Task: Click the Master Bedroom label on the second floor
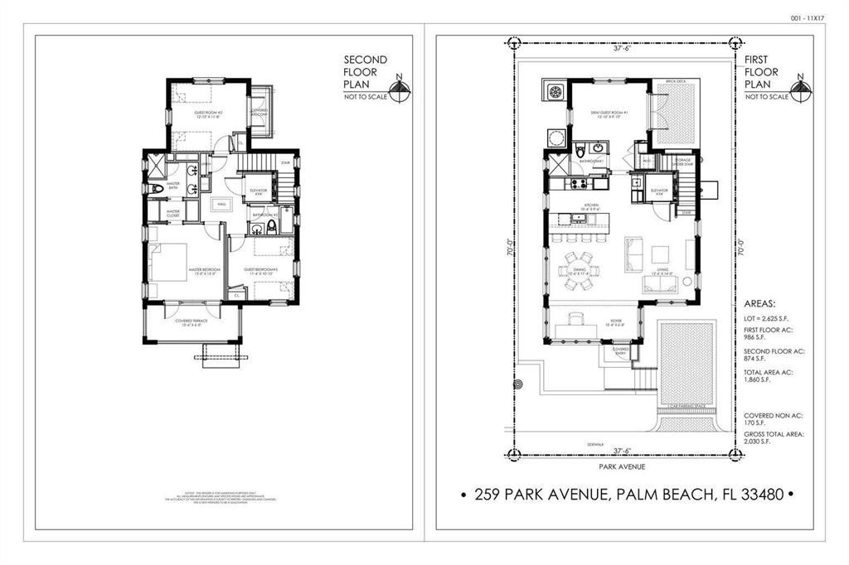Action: [x=202, y=270]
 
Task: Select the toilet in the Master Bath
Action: [x=160, y=190]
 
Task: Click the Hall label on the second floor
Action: [x=221, y=204]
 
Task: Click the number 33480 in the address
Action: [x=754, y=495]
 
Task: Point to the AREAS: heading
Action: [x=760, y=304]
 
